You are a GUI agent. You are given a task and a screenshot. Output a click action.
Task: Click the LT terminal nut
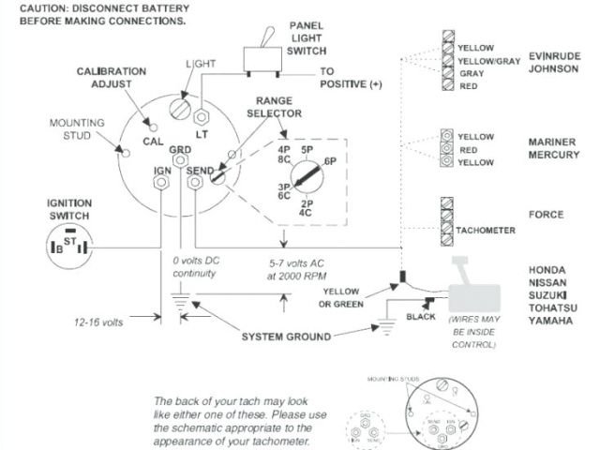[200, 119]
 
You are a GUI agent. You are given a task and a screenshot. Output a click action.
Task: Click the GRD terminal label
[181, 150]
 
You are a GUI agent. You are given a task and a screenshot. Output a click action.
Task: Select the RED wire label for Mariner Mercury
[469, 148]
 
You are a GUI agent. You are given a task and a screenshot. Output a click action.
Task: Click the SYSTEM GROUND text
[287, 337]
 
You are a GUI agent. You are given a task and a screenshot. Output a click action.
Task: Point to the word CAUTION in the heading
[32, 7]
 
